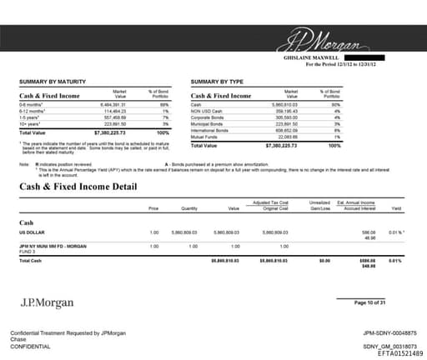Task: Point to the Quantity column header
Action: (x=189, y=208)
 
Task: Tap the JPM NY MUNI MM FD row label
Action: (x=53, y=247)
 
